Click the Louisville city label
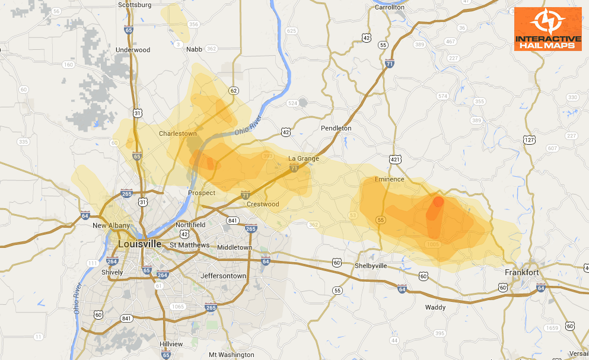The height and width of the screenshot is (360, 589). point(140,244)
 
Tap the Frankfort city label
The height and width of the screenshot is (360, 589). point(521,272)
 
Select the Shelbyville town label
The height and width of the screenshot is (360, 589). point(371,266)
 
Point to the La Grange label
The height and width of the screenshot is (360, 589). point(304,158)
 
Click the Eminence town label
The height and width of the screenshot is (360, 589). point(389,179)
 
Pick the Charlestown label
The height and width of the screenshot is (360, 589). point(177,133)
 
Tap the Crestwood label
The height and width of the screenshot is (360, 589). point(263,204)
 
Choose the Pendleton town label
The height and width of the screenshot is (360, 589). point(336,128)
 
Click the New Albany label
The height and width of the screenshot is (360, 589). point(111,225)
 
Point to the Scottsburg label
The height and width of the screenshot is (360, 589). point(135,5)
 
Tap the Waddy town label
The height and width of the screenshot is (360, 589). point(435,307)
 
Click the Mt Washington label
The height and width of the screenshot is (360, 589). point(231,355)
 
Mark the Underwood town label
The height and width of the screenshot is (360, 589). point(133,50)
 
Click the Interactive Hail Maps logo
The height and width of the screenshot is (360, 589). point(547,28)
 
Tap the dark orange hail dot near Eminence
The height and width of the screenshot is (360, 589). point(438,202)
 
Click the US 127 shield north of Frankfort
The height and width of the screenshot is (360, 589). point(530,140)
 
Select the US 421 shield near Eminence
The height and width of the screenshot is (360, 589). point(396,160)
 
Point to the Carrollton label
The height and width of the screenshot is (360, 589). point(389,7)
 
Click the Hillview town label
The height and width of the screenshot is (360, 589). point(171,344)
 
